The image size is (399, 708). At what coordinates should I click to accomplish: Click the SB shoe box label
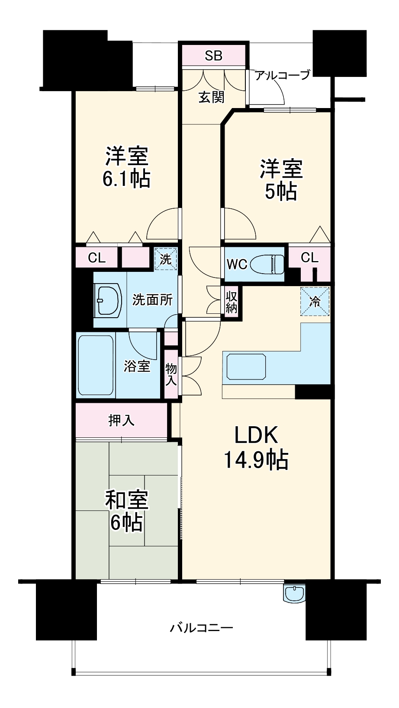click(x=213, y=55)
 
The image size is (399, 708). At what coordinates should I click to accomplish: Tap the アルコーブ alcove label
click(x=283, y=75)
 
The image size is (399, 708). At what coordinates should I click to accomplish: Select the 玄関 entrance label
click(x=212, y=97)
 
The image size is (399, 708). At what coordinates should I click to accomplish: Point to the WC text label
click(x=237, y=264)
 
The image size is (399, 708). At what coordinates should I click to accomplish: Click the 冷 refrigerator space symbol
click(x=315, y=301)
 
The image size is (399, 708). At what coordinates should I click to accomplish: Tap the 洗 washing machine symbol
click(x=166, y=259)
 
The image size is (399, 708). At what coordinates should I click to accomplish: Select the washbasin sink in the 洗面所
click(x=108, y=300)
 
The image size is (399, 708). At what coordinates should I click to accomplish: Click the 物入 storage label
click(x=171, y=374)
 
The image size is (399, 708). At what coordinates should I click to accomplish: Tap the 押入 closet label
click(x=122, y=420)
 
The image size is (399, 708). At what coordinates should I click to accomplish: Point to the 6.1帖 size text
click(x=126, y=178)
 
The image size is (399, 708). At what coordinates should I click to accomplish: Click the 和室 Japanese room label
click(x=127, y=500)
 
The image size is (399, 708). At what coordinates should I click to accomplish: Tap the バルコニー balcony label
click(x=202, y=627)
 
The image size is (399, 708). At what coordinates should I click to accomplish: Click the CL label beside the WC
click(x=309, y=258)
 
